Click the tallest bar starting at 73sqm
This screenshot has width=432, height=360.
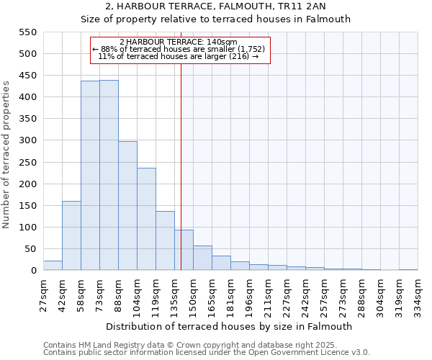[109, 176]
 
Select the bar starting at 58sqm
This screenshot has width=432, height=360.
[90, 176]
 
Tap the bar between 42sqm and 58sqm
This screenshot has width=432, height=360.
[71, 235]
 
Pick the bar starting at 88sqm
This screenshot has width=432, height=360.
[127, 206]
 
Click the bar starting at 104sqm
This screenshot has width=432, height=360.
[146, 220]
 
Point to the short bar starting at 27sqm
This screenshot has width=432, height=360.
[53, 266]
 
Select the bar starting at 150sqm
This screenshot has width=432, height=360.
[202, 258]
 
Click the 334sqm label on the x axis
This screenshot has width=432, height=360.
[418, 295]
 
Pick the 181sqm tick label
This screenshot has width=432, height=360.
[231, 295]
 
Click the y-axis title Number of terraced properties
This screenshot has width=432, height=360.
[7, 154]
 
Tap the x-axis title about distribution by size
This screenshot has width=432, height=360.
[230, 327]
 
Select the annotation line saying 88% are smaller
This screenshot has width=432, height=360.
[179, 49]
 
